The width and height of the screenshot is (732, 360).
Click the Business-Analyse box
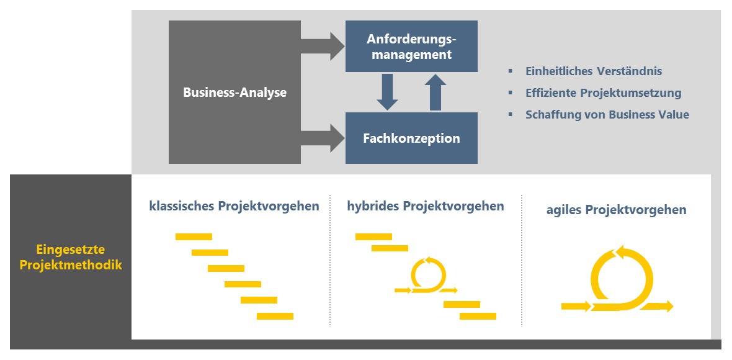234,92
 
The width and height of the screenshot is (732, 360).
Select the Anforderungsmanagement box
411,47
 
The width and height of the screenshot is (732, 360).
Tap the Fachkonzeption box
411,138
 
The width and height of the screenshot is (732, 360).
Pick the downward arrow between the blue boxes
388,92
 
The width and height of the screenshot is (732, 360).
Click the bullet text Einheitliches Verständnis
593,71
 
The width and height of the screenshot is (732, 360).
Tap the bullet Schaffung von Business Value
607,115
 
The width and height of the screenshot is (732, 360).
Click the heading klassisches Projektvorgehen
234,206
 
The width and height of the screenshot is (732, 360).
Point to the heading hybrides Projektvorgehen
426,206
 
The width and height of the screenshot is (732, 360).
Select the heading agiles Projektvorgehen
616,210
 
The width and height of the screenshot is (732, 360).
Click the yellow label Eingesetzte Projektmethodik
71,257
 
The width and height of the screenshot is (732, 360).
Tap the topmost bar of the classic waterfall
194,236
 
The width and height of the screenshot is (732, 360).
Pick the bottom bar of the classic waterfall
275,316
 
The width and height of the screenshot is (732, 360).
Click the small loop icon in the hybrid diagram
428,273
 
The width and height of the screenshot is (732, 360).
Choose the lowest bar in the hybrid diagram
478,316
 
